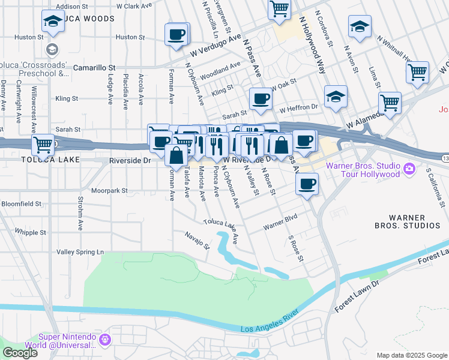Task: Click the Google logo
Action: [x=19, y=353]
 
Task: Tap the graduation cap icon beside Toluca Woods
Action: [x=53, y=22]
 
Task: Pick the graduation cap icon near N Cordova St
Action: [x=360, y=28]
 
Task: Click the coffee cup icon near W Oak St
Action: [x=261, y=98]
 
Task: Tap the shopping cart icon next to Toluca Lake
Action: [x=43, y=145]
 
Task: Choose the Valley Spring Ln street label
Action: [x=80, y=252]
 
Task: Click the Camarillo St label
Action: [x=94, y=68]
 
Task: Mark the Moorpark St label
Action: [x=109, y=191]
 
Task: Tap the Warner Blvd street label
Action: [x=281, y=225]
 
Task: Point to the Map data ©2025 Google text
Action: [x=411, y=355]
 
